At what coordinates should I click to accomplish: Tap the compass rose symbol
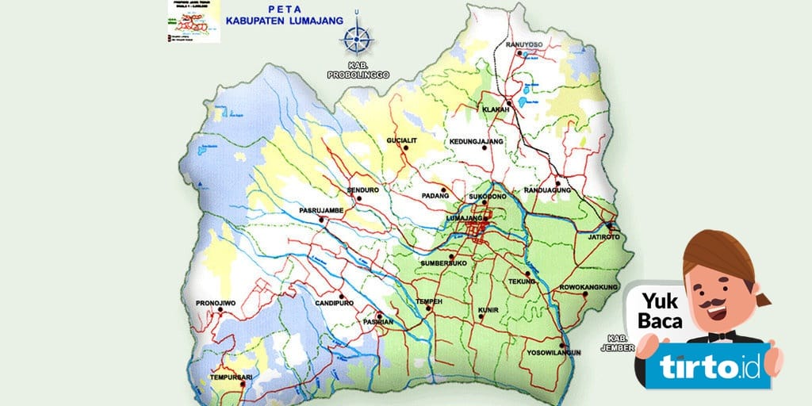(x=358, y=36)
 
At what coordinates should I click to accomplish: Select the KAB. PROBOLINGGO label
(x=358, y=69)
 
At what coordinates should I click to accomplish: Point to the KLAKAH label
(x=496, y=109)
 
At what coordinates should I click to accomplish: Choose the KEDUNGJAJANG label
(x=477, y=141)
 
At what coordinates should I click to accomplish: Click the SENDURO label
(x=362, y=190)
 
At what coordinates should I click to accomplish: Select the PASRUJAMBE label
(x=320, y=210)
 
